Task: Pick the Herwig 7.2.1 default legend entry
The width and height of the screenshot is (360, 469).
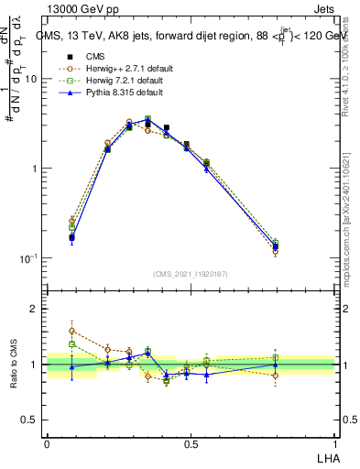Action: click(x=114, y=81)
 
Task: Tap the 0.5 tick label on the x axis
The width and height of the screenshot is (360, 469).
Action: click(x=191, y=443)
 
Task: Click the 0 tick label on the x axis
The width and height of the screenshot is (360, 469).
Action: click(x=47, y=443)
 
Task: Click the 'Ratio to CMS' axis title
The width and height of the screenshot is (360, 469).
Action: click(x=12, y=364)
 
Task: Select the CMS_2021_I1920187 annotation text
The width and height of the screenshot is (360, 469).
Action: click(x=191, y=274)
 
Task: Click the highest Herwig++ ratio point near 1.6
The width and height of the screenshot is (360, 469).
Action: click(x=72, y=331)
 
